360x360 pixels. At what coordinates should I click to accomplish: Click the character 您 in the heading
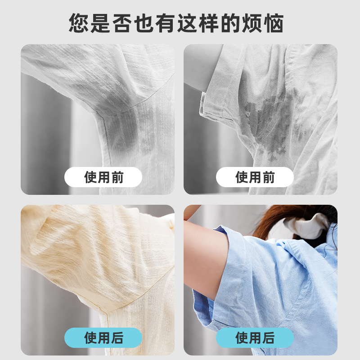78,23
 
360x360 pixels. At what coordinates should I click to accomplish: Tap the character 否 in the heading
122,23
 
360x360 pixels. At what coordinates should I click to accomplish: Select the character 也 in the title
144,23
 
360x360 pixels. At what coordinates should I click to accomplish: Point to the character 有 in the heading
165,23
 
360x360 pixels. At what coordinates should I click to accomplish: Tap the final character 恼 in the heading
274,23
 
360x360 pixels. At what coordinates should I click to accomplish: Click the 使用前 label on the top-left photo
103,177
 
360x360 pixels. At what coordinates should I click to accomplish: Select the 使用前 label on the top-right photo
255,177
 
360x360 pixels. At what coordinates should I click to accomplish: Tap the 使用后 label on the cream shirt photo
103,338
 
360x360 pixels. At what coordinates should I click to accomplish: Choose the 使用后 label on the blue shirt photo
255,338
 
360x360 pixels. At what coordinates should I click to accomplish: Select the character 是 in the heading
100,23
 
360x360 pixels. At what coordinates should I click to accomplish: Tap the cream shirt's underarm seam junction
106,313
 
